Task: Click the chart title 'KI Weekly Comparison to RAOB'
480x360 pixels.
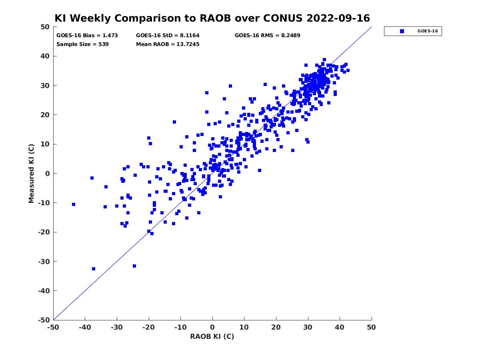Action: (142, 18)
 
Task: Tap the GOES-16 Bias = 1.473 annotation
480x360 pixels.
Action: (87, 36)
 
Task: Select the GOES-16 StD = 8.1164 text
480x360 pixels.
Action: (168, 36)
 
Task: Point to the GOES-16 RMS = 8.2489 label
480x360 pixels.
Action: (267, 36)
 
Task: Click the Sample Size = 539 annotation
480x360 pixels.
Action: (82, 44)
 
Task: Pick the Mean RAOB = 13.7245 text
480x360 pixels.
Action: (168, 44)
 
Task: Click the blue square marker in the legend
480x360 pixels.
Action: (402, 31)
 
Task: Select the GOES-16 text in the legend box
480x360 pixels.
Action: (428, 31)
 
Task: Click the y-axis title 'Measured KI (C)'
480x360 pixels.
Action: (31, 173)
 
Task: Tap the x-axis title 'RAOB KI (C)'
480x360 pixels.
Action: (212, 336)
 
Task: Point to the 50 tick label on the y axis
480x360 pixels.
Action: (45, 27)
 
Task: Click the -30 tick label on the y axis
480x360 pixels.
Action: (44, 262)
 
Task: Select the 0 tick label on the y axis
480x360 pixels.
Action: (48, 174)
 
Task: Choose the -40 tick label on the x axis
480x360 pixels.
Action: (85, 327)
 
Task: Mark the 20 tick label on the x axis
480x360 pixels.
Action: (276, 327)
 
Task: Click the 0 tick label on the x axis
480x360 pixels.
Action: (212, 327)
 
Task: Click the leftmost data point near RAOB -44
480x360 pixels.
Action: (74, 204)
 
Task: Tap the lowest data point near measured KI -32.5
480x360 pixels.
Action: (94, 269)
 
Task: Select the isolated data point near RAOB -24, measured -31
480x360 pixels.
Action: (134, 266)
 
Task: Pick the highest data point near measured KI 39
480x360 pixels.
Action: (324, 60)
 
